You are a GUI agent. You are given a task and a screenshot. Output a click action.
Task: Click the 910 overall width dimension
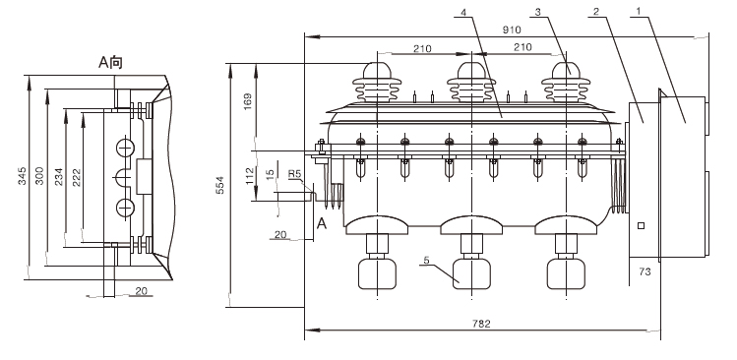click(512, 30)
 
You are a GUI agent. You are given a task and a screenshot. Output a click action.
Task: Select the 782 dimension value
click(481, 324)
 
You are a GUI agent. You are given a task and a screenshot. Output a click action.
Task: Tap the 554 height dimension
click(219, 185)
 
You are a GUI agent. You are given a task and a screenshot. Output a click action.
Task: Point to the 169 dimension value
click(248, 102)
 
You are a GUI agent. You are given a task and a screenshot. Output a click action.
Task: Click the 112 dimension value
click(250, 176)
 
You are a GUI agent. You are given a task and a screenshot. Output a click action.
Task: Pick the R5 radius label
click(295, 174)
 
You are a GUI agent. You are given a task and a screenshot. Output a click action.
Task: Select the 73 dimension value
click(645, 271)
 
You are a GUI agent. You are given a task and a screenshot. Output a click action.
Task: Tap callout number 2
click(596, 11)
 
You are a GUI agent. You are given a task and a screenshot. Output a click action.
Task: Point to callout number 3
click(537, 11)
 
